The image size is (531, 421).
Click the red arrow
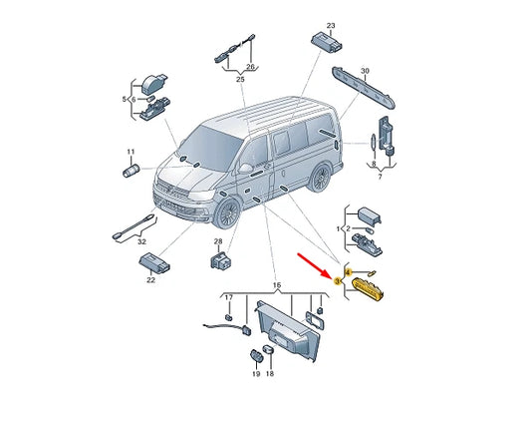(313, 265)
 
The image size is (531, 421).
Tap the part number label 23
(331, 26)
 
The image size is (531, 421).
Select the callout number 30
(365, 71)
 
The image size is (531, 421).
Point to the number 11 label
(131, 152)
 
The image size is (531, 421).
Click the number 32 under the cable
(141, 241)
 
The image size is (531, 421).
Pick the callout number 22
(150, 280)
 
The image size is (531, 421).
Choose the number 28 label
(218, 241)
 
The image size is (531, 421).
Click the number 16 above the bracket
(277, 285)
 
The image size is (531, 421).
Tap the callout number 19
(256, 374)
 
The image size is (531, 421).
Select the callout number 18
(270, 374)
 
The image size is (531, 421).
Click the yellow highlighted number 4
(349, 271)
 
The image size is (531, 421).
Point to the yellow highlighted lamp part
(368, 289)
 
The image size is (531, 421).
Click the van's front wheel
(227, 212)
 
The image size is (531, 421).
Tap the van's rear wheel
(320, 178)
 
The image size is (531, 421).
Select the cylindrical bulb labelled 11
(132, 170)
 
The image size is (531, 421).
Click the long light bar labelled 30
(365, 88)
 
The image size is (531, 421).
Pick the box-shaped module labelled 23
(327, 42)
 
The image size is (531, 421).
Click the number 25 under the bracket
(240, 80)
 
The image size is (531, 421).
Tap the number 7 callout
(380, 177)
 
